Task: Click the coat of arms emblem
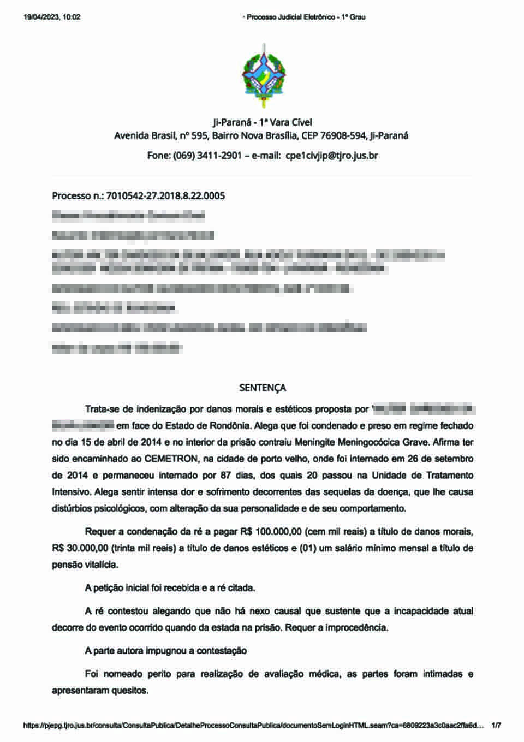click(x=264, y=76)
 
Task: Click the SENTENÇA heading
click(x=263, y=388)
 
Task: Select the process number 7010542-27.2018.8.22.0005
click(x=166, y=196)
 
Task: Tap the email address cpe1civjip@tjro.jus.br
click(x=332, y=156)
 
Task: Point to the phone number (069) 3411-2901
click(x=207, y=156)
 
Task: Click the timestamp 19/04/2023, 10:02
click(x=52, y=17)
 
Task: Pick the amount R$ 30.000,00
click(x=80, y=548)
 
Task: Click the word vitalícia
click(x=100, y=565)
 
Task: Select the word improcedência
click(x=356, y=628)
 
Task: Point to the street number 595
click(x=199, y=136)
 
